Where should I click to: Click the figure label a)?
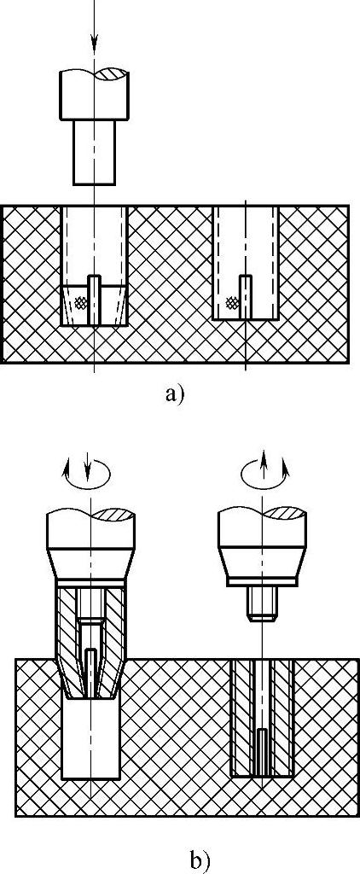click(x=174, y=394)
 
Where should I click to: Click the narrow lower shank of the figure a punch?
click(x=94, y=152)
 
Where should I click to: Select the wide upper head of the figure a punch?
click(x=94, y=94)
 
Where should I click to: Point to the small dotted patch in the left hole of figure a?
click(x=82, y=302)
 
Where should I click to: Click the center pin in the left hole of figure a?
click(x=95, y=300)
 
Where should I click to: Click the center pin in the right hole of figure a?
click(x=245, y=297)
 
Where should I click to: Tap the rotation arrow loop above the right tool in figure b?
click(x=265, y=474)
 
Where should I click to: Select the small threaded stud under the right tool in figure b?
click(x=262, y=603)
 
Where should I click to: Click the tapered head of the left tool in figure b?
click(x=90, y=564)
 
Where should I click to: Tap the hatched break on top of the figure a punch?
click(x=112, y=73)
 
